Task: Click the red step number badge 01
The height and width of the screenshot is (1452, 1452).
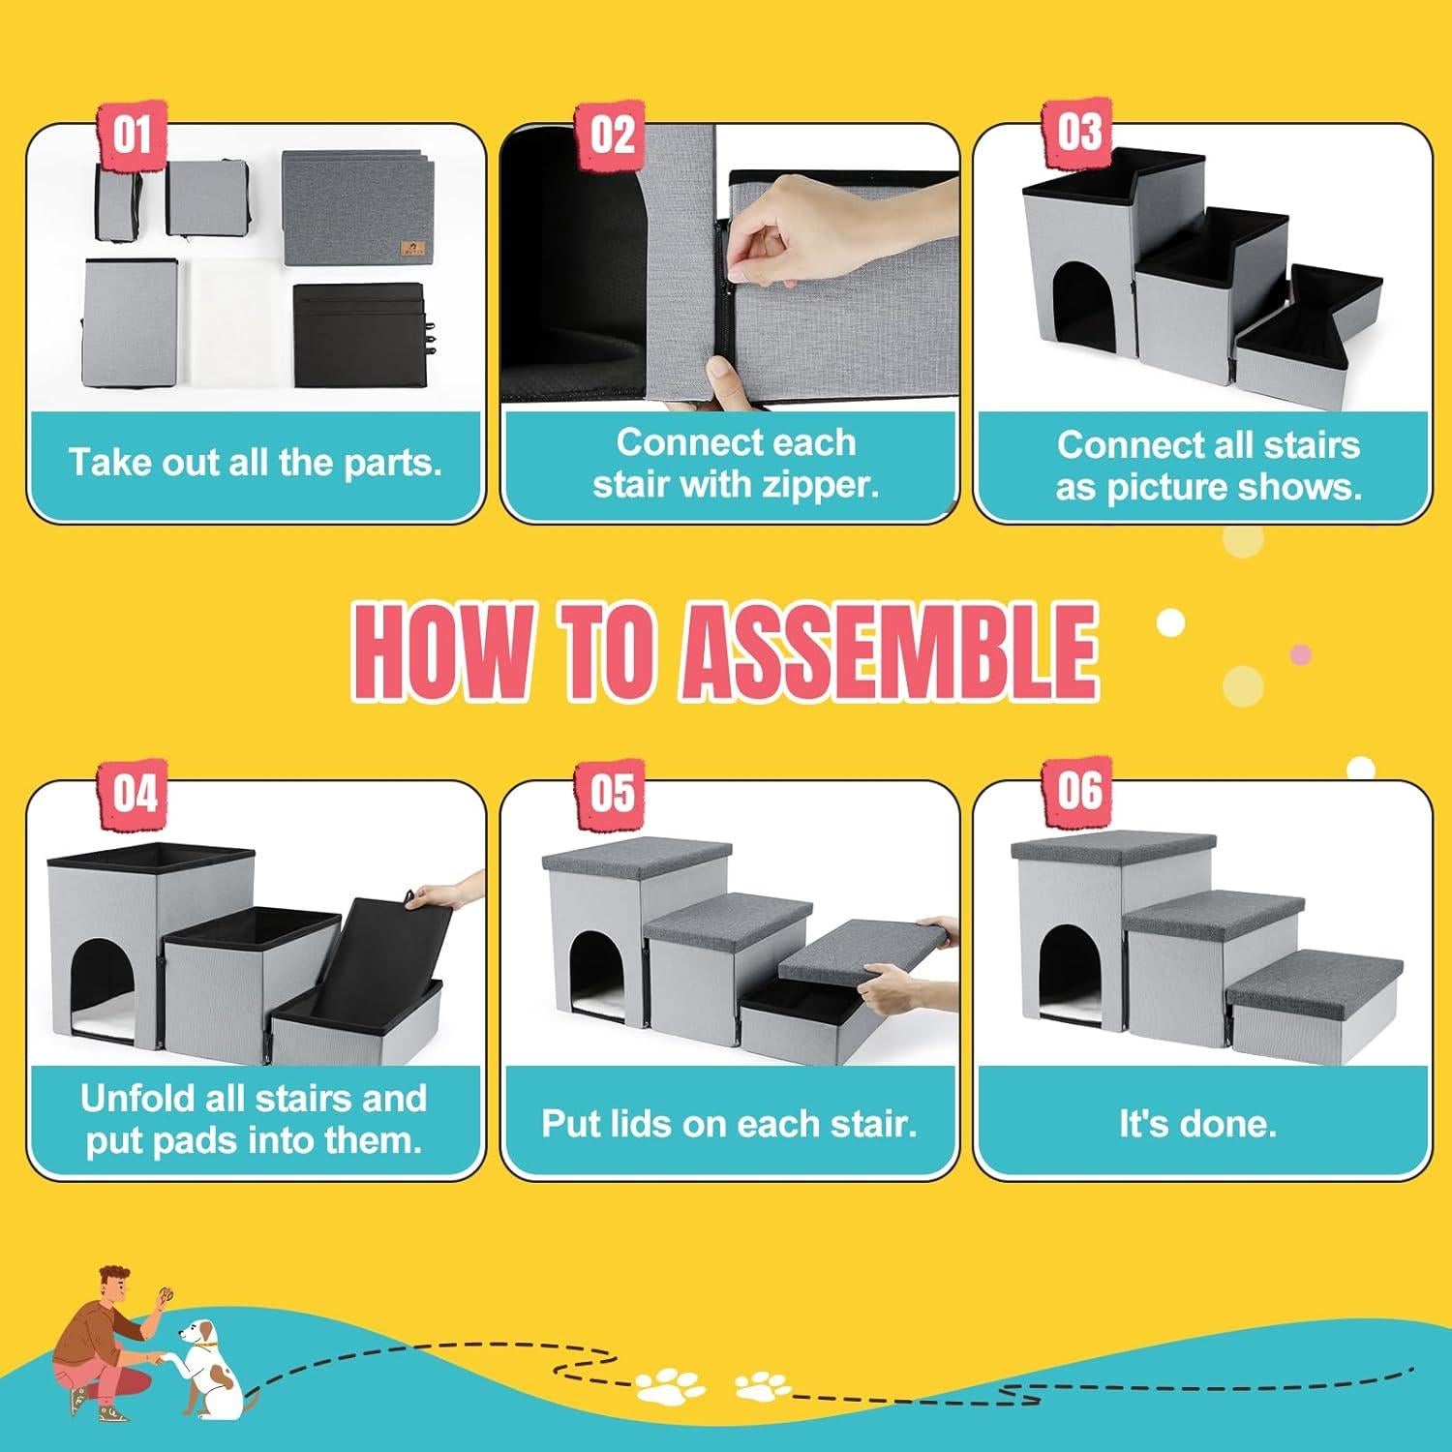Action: [133, 134]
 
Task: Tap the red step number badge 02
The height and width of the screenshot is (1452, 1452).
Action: [612, 134]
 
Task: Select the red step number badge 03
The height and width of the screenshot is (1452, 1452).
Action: [1078, 132]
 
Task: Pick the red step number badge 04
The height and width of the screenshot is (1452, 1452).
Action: [135, 794]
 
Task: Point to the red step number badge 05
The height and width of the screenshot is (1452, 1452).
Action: [612, 794]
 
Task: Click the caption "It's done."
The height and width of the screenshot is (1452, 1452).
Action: [1197, 1124]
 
